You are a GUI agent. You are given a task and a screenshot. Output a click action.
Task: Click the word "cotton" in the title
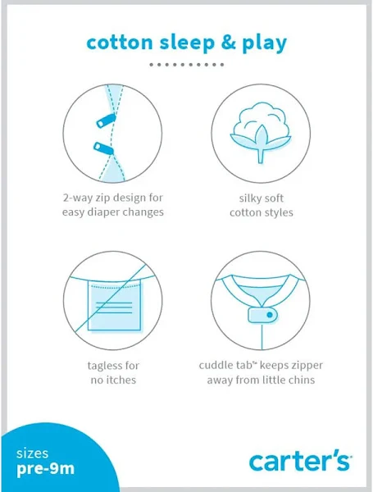[x=120, y=43]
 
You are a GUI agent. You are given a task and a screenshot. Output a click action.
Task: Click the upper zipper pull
[x=106, y=121]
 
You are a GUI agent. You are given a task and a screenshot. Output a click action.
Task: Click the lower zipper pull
[x=103, y=148]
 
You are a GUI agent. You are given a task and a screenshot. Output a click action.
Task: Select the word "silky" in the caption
[x=249, y=198]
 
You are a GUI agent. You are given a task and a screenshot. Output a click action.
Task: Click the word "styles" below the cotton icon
[x=278, y=212]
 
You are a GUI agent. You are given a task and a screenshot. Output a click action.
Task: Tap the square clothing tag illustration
[x=114, y=305]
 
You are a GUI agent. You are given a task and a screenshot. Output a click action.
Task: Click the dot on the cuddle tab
[x=270, y=314]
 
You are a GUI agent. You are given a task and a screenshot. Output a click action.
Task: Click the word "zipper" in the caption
[x=307, y=367]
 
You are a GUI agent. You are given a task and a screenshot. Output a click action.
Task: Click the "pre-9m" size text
[x=46, y=469]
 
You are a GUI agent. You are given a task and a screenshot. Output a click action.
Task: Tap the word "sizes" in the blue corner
[x=32, y=453]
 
